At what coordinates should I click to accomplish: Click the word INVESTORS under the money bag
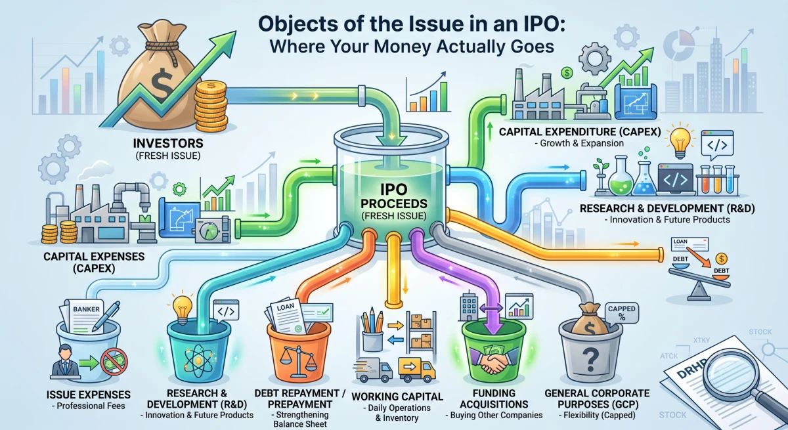coord(168,143)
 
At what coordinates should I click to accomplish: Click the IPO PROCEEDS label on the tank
coord(394,196)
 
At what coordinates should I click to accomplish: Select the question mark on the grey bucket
coord(590,358)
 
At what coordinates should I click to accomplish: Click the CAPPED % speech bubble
coord(622,312)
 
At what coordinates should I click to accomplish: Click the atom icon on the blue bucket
coord(198,360)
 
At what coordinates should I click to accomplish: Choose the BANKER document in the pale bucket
coord(85,316)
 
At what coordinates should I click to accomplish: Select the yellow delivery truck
coord(417,370)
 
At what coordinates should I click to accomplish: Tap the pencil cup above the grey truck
coord(372,333)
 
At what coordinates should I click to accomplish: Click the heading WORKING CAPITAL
coord(397,397)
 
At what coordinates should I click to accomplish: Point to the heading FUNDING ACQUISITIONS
coord(494,398)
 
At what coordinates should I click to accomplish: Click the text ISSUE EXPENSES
coord(88,395)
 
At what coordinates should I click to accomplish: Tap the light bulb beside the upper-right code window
coord(680,141)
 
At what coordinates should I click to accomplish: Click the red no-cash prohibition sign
coord(114,362)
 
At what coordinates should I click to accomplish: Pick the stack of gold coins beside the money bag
coord(210,106)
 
